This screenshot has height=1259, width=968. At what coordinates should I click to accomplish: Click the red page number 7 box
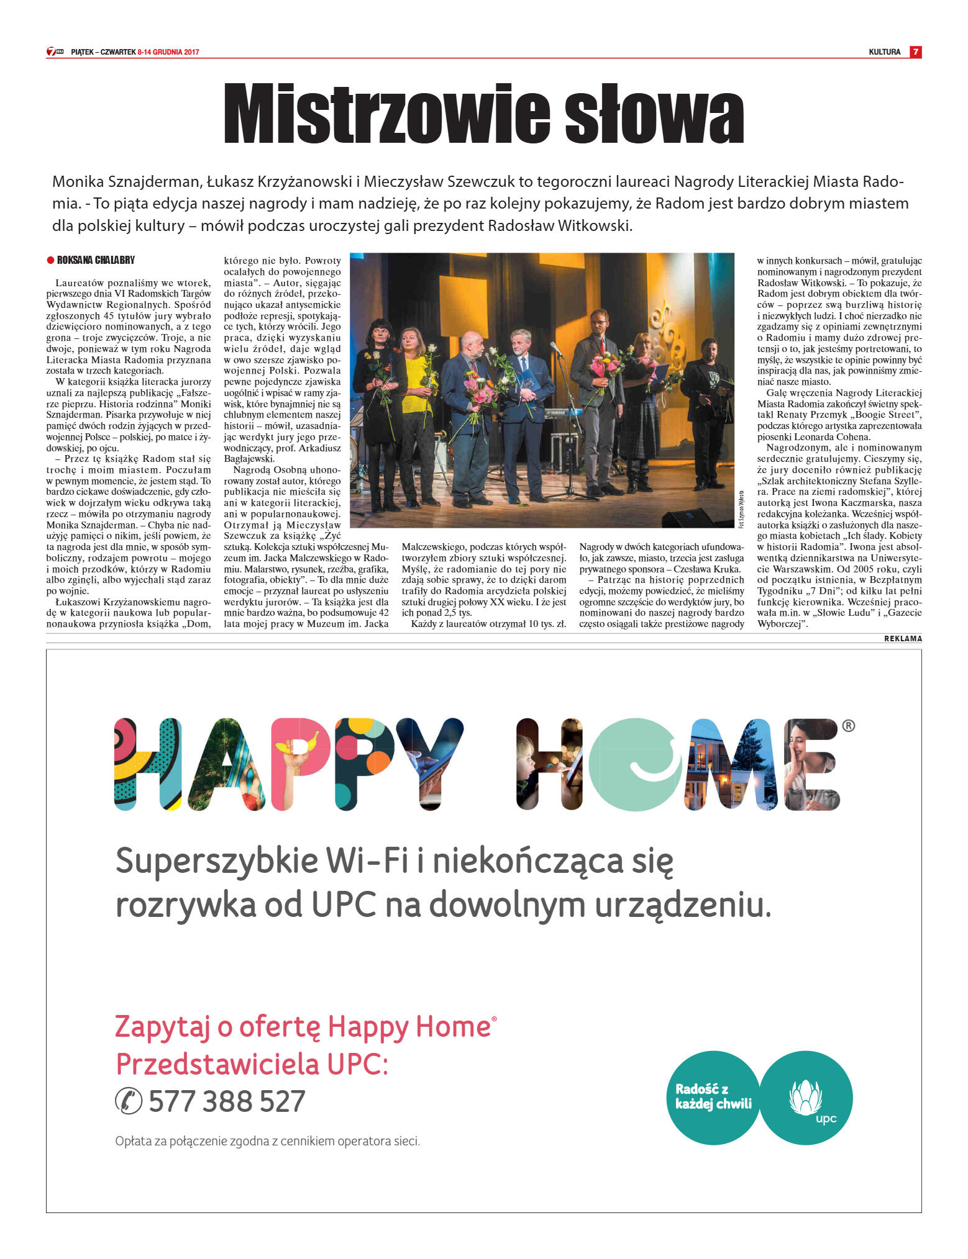(915, 52)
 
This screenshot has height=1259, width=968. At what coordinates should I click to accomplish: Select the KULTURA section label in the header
(884, 52)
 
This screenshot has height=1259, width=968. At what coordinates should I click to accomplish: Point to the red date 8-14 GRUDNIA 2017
(168, 52)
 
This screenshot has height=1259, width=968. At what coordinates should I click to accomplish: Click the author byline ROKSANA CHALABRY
(96, 260)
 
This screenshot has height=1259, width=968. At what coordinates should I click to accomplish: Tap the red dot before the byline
(50, 260)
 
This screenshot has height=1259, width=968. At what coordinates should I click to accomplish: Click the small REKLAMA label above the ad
(903, 638)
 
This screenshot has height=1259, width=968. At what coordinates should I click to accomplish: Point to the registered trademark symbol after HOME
(848, 725)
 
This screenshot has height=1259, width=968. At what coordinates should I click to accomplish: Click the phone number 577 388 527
(227, 1101)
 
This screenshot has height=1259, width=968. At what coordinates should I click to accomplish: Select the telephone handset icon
(129, 1101)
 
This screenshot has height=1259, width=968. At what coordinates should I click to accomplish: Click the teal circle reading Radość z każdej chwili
(713, 1097)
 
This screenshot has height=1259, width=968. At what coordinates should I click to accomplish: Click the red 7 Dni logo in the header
(55, 52)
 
